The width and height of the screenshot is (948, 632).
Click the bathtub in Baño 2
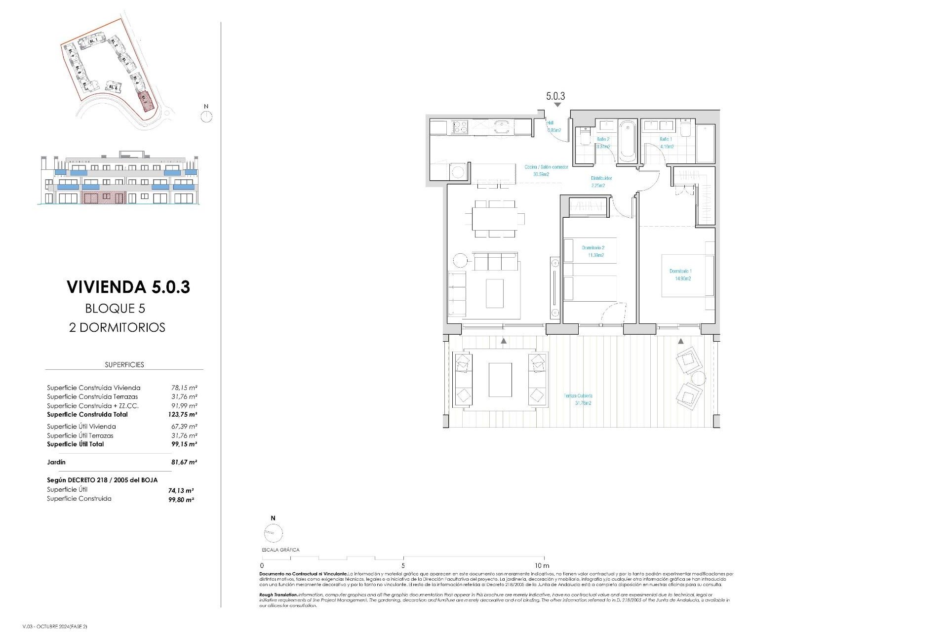[x=627, y=141]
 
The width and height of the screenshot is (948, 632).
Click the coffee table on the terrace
[x=500, y=380]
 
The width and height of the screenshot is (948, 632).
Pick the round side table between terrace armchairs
[x=698, y=379]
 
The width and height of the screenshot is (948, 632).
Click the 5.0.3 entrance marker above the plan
[x=555, y=97]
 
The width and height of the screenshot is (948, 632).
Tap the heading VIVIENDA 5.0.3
[x=128, y=287]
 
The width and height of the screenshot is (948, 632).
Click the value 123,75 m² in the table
[x=182, y=415]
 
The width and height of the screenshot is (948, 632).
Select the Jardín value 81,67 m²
[x=184, y=462]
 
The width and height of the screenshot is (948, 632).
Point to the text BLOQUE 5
[x=115, y=309]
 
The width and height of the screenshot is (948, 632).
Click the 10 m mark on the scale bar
[x=542, y=565]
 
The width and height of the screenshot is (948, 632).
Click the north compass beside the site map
[x=206, y=116]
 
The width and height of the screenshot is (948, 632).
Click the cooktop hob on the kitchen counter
[x=460, y=127]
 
